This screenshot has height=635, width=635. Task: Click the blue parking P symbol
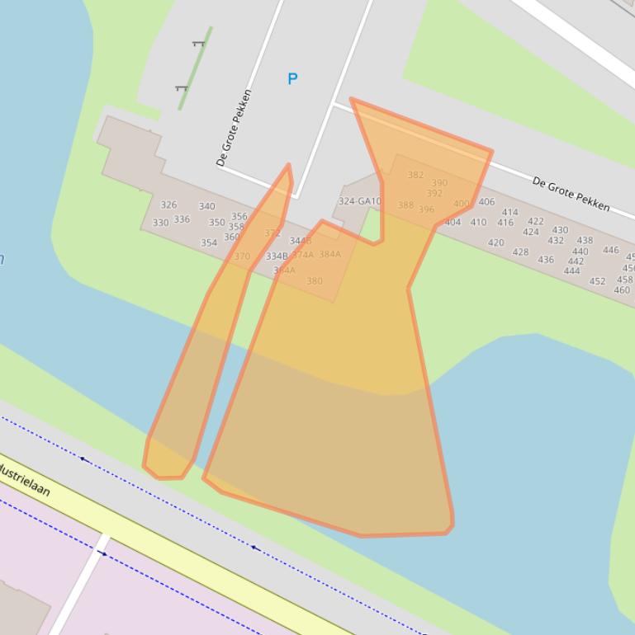(x=292, y=79)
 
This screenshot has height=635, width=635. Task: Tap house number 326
(x=168, y=205)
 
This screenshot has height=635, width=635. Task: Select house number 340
(x=206, y=207)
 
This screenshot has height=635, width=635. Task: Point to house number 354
(x=209, y=243)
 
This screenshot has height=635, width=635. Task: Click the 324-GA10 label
(x=359, y=201)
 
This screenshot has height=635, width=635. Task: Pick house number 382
(x=415, y=175)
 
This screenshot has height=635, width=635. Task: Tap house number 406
(x=486, y=202)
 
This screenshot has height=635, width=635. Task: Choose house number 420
(x=495, y=243)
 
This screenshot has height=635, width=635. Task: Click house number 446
(x=610, y=251)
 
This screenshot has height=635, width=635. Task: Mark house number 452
(x=597, y=281)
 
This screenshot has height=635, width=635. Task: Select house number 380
(x=315, y=281)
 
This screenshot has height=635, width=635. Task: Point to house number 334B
(x=277, y=256)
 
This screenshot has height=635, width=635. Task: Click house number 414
(x=509, y=213)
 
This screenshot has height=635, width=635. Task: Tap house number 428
(x=519, y=252)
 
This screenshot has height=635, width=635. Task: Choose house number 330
(x=160, y=223)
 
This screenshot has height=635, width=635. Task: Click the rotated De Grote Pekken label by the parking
(x=234, y=129)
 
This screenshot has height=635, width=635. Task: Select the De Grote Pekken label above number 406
(x=571, y=193)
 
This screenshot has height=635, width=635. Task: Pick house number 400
(x=461, y=204)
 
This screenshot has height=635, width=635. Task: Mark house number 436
(x=546, y=260)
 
